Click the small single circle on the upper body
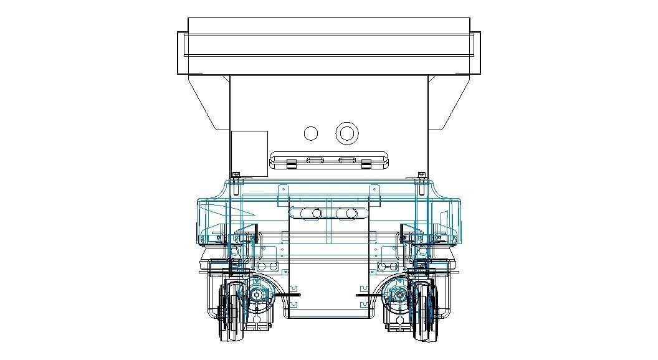coord(311,133)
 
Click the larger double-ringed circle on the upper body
coord(346,133)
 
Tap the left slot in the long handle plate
coord(315,160)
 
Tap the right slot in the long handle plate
coord(345,160)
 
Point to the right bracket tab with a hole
coord(374,187)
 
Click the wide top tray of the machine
coord(328,46)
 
